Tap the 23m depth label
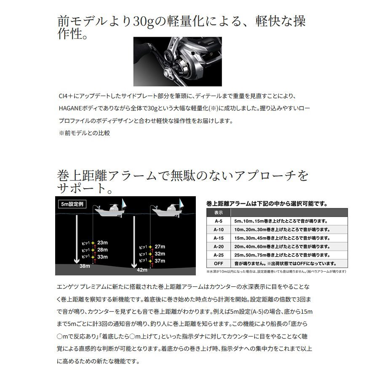tap(102, 243)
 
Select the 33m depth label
tap(102, 256)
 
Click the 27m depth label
tap(160, 246)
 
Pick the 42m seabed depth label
tap(142, 270)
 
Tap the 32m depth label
tap(160, 254)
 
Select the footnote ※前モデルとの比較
tap(84, 133)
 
